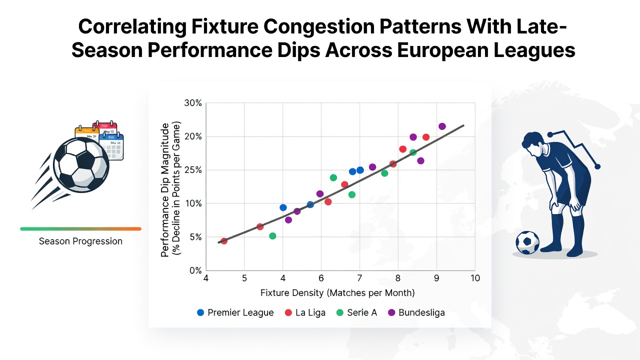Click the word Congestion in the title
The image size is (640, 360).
click(x=318, y=27)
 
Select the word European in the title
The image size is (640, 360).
click(x=441, y=50)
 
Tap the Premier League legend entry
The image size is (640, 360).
click(x=235, y=312)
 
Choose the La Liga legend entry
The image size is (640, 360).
click(x=305, y=312)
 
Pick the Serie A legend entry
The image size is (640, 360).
click(x=356, y=312)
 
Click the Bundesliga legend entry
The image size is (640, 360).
click(x=416, y=312)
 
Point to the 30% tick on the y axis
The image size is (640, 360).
click(x=193, y=103)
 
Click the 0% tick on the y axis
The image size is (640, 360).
click(x=195, y=270)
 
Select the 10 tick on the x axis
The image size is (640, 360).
click(x=475, y=278)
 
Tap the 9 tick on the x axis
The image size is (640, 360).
click(x=436, y=278)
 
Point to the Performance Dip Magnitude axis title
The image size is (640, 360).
click(x=165, y=190)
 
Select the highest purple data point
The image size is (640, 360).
click(x=442, y=126)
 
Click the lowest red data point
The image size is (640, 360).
click(x=224, y=241)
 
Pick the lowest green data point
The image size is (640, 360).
click(x=272, y=236)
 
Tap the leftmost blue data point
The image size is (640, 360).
click(x=283, y=207)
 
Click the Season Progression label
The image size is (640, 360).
click(x=80, y=241)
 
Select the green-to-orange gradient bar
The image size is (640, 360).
click(x=81, y=229)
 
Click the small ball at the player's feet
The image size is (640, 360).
click(x=527, y=242)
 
